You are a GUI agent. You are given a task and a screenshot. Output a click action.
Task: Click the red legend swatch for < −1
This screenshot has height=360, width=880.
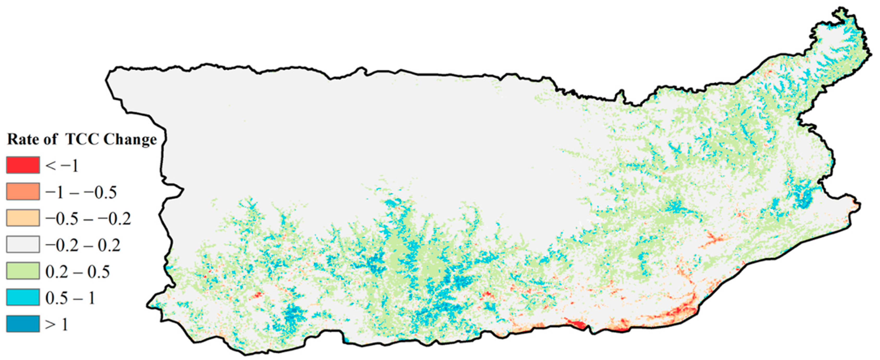[23, 165]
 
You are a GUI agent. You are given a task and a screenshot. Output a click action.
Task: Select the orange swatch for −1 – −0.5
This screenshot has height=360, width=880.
[23, 191]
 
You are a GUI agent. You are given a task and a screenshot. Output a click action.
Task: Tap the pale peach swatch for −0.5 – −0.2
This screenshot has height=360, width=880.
[23, 218]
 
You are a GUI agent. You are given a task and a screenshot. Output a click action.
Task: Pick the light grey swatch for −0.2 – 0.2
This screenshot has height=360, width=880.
[23, 245]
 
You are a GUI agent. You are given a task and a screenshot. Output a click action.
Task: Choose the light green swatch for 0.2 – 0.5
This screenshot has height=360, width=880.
[23, 271]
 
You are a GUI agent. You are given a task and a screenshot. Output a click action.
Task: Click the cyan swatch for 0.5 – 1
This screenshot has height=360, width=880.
[23, 297]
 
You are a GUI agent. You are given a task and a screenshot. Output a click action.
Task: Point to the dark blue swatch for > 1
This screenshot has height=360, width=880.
[23, 324]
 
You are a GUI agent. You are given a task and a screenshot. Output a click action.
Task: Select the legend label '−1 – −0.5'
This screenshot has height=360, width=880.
[81, 193]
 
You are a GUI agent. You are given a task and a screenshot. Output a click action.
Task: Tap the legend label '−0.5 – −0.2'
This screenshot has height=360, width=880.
[88, 219]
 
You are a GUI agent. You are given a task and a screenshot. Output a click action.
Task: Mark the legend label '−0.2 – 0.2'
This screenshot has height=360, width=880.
[83, 246]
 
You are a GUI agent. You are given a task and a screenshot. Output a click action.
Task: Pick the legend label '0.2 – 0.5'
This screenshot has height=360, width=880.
[77, 272]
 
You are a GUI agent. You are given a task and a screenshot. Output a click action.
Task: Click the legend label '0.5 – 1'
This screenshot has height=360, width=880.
[70, 298]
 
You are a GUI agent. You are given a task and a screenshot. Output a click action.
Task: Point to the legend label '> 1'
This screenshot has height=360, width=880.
[57, 325]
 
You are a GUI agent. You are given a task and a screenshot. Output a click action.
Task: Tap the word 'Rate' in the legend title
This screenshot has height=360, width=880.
[21, 139]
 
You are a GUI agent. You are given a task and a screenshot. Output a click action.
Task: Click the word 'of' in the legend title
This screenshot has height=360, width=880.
[50, 139]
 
